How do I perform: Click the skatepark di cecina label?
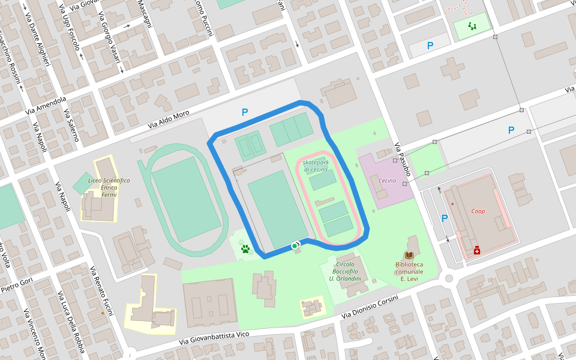click(x=316, y=166)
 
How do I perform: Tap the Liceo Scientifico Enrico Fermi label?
click(x=109, y=187)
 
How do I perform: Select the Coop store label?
click(x=478, y=211)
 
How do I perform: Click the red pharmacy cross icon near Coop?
click(x=477, y=250)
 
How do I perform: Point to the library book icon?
click(x=409, y=256)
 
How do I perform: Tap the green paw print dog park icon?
click(x=245, y=248)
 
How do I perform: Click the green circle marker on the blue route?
click(x=295, y=246)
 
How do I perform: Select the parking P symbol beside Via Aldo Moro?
click(x=244, y=112)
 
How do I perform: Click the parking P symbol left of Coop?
click(x=445, y=218)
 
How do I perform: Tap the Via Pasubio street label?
click(x=403, y=158)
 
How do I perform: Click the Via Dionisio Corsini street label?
click(x=370, y=307)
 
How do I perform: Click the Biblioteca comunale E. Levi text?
click(x=409, y=271)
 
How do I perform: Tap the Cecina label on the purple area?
click(x=388, y=181)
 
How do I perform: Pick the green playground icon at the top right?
click(x=472, y=26)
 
